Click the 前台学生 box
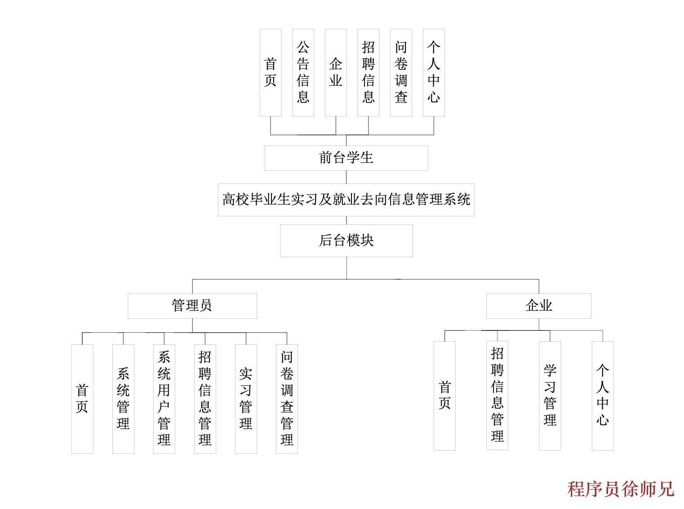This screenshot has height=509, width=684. point(346,158)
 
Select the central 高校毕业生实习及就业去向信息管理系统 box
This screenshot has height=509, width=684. point(346,200)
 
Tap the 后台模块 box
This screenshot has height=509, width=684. point(346,241)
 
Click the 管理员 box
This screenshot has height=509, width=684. point(192,306)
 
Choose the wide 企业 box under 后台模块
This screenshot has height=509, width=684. point(538,306)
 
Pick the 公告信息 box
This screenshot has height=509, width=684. point(303,72)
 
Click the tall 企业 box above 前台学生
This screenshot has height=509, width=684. point(336,72)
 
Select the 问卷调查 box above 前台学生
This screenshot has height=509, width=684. point(401,72)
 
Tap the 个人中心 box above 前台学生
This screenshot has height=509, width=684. point(434,72)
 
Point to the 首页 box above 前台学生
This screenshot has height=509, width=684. point(270,72)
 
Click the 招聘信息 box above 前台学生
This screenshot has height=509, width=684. point(368,72)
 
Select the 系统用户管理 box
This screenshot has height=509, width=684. point(164,398)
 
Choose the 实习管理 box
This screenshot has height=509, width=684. point(246,398)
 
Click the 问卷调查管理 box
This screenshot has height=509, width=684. point(287,398)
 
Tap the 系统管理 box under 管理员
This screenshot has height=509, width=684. point(123,398)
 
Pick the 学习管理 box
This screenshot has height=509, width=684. point(550,395)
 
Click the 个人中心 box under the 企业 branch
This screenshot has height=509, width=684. point(602,395)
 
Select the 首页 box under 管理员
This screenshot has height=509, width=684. point(82,398)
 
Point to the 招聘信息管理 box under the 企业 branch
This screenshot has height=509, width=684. point(497,395)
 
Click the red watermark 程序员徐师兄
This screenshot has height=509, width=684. point(621,489)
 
